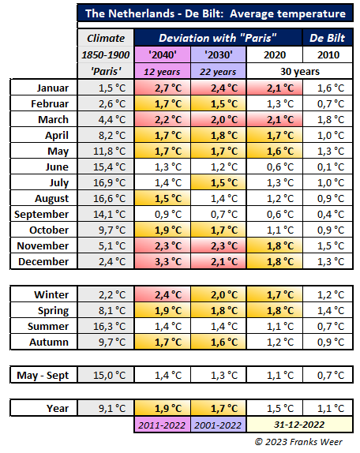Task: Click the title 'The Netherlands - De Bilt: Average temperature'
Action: (x=216, y=13)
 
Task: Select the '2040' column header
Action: (x=163, y=54)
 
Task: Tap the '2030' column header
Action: (x=219, y=54)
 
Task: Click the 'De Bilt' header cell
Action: (x=328, y=38)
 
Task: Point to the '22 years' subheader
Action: (x=218, y=71)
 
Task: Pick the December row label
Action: (x=43, y=261)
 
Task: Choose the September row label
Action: (x=42, y=214)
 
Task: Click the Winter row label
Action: (x=51, y=294)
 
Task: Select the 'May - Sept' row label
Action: (x=43, y=376)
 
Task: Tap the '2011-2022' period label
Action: (x=162, y=425)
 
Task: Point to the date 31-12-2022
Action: (x=299, y=425)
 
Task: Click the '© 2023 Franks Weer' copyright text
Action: (x=298, y=442)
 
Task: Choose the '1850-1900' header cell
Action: (x=106, y=54)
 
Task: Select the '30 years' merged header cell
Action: (x=300, y=71)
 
